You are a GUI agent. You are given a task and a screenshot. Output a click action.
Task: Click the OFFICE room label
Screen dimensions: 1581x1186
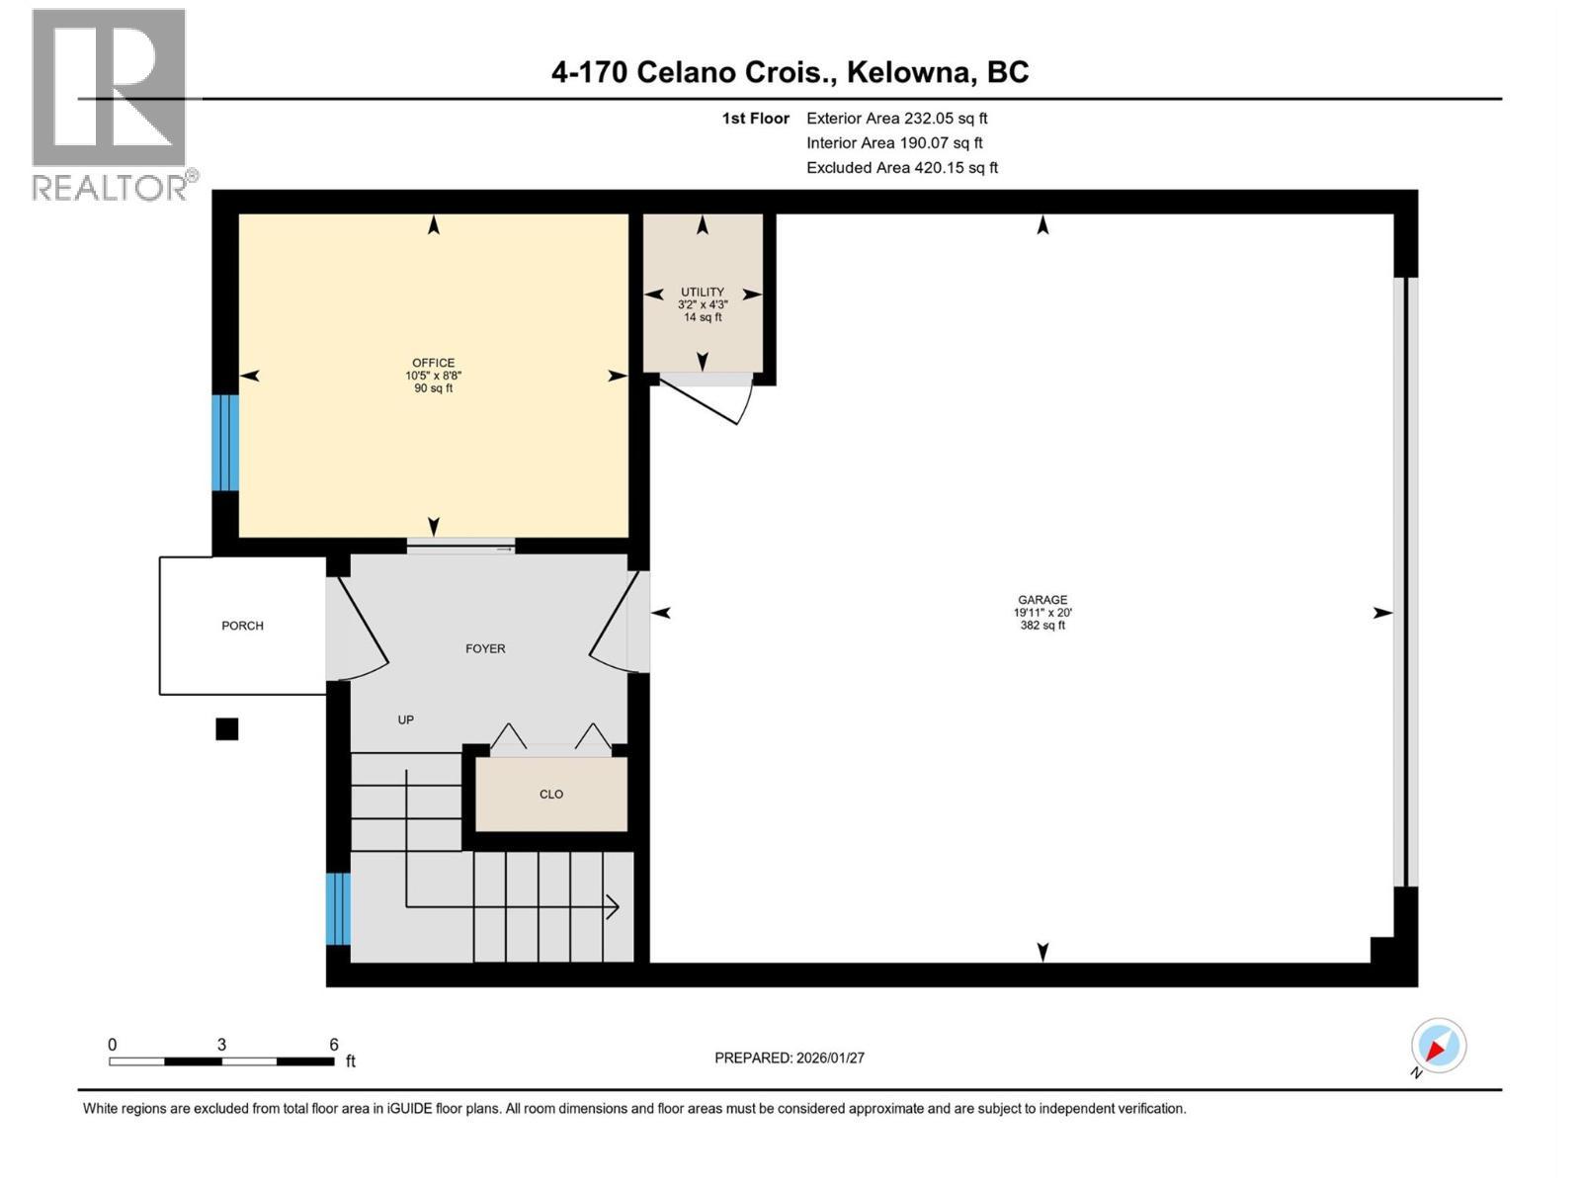[x=433, y=363]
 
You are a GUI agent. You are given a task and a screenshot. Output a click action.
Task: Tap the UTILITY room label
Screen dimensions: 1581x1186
[x=703, y=292]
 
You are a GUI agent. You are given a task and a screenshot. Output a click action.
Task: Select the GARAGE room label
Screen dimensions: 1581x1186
[x=1042, y=599]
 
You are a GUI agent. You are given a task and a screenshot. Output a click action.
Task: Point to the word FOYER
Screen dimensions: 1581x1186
[x=485, y=648]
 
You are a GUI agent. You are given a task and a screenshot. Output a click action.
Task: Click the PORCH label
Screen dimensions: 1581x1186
[x=242, y=626]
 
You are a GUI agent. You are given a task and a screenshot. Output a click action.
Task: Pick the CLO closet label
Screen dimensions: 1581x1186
[x=551, y=795]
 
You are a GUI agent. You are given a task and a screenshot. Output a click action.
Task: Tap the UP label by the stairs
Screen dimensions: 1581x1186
[x=405, y=720]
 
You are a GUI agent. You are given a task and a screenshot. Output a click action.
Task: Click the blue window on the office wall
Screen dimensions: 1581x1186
[x=224, y=443]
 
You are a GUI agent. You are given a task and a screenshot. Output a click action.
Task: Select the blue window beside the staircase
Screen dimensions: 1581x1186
[x=338, y=908]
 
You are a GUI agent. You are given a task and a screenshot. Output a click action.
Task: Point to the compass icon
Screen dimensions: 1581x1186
[x=1438, y=1046]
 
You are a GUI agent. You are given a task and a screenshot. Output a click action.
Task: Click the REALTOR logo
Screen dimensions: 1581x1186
[x=114, y=106]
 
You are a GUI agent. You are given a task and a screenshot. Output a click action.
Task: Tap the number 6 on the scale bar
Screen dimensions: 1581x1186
[x=333, y=1044]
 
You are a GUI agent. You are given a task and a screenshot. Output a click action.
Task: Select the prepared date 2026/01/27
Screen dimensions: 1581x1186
[x=830, y=1058]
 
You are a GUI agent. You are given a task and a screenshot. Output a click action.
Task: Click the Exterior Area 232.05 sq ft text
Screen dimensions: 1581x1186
[x=897, y=118]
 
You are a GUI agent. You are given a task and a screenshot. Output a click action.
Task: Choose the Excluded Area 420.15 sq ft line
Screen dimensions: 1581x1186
[x=902, y=168]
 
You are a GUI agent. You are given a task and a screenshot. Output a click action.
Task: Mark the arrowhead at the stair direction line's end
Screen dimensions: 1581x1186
[x=613, y=907]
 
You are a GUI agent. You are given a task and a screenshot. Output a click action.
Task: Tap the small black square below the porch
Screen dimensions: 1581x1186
[x=227, y=729]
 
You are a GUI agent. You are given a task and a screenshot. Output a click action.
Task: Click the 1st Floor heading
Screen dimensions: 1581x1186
[x=756, y=118]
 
